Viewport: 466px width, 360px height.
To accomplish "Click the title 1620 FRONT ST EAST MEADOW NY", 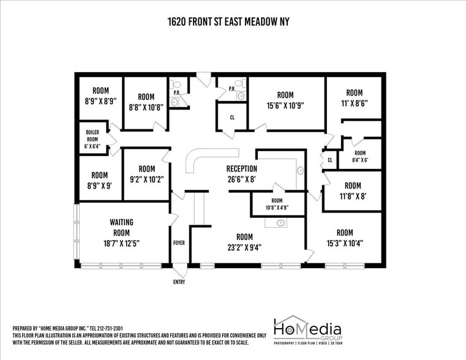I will click(x=228, y=22).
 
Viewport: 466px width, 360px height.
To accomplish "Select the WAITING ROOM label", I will click(x=121, y=233).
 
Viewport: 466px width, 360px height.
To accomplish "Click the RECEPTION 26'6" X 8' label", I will click(x=241, y=174).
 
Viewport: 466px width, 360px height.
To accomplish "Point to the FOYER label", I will click(x=179, y=243).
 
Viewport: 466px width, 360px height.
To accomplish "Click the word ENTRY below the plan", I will click(x=179, y=282).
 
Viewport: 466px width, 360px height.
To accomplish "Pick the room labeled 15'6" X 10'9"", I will click(x=285, y=100).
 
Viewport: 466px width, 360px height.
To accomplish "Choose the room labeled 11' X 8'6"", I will click(x=355, y=99).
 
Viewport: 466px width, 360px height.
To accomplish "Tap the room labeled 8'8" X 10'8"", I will click(x=146, y=102).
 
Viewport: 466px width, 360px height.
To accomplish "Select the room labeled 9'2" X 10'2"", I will click(x=146, y=174).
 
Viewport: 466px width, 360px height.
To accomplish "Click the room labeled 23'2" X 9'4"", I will click(x=244, y=242).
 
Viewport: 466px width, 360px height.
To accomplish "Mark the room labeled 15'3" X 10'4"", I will click(x=345, y=238).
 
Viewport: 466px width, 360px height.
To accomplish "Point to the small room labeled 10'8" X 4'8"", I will click(x=277, y=204).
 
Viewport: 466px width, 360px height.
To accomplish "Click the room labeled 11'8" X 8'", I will click(x=352, y=191).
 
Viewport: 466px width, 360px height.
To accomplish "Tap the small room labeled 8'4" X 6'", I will click(x=360, y=157).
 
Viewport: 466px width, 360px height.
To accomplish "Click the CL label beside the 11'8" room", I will click(x=329, y=160).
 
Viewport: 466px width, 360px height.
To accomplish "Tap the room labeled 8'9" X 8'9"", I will click(x=100, y=96).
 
